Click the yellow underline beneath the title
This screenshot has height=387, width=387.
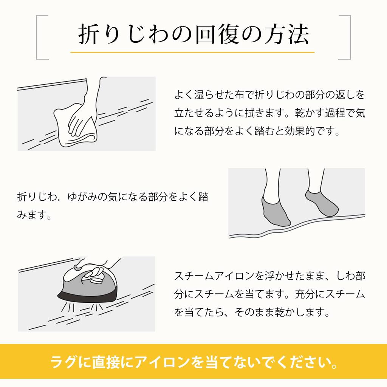[192, 52]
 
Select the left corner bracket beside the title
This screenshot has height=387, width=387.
[38, 37]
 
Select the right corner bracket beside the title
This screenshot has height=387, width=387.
[349, 37]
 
